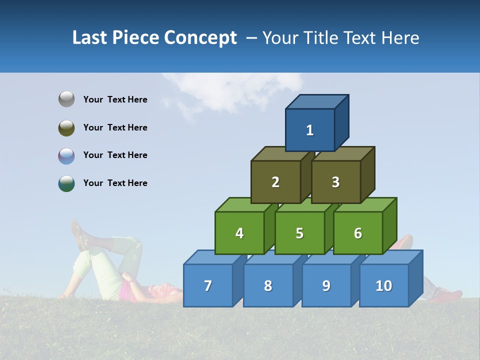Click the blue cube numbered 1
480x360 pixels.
pyautogui.click(x=310, y=130)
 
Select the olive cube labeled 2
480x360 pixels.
pyautogui.click(x=275, y=182)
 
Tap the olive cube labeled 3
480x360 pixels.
pyautogui.click(x=335, y=182)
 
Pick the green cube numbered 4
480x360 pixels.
pyautogui.click(x=239, y=233)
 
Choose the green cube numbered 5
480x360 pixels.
pyautogui.click(x=299, y=233)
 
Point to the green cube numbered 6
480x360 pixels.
pyautogui.click(x=358, y=233)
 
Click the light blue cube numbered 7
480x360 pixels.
pyautogui.click(x=208, y=285)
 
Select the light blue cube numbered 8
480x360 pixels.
pyautogui.click(x=268, y=285)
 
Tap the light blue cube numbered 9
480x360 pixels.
pyautogui.click(x=326, y=285)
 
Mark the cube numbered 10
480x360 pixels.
pyautogui.click(x=384, y=285)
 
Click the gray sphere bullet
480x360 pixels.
pyautogui.click(x=66, y=99)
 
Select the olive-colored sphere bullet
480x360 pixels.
pyautogui.click(x=66, y=127)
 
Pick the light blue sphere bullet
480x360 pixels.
pyautogui.click(x=66, y=155)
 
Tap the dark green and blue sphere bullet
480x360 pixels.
pyautogui.click(x=66, y=183)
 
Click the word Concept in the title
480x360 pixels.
pyautogui.click(x=200, y=38)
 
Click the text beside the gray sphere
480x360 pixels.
pyautogui.click(x=115, y=99)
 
